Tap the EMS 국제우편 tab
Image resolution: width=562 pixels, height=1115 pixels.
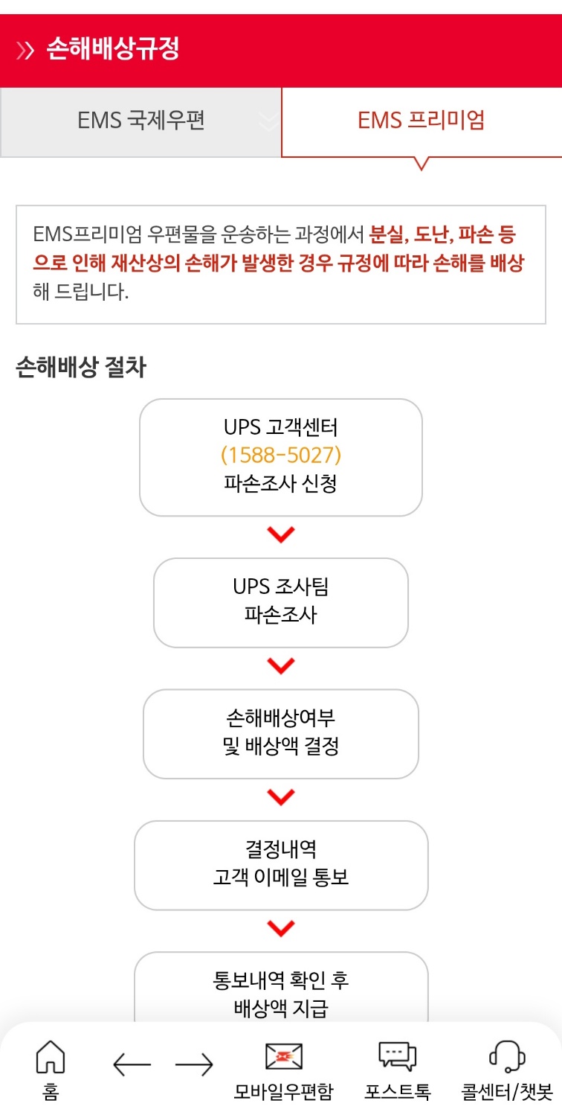[x=140, y=121]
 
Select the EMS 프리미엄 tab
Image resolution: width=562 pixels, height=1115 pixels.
[x=421, y=121]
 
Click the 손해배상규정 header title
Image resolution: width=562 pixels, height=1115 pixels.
[x=113, y=50]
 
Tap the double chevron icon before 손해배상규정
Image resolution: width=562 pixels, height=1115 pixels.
[x=25, y=51]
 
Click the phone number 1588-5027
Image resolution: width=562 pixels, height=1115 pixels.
[x=280, y=455]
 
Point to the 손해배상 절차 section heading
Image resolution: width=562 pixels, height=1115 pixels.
[x=80, y=368]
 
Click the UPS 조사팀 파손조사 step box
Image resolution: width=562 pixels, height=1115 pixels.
[x=280, y=602]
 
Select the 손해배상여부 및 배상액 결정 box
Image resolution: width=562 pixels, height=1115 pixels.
[x=280, y=733]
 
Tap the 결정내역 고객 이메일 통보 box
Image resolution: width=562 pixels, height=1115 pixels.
[x=280, y=865]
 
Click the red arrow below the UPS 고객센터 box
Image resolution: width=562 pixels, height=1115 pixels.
[x=280, y=534]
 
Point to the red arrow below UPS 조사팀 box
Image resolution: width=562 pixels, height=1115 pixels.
[x=280, y=666]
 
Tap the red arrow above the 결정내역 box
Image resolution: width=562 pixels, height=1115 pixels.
[x=280, y=797]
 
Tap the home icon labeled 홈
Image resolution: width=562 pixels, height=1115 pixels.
[x=51, y=1057]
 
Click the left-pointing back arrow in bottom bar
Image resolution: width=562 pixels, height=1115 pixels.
[x=132, y=1065]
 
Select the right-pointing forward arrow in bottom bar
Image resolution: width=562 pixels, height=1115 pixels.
[x=194, y=1065]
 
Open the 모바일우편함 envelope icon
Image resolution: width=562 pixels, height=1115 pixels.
[x=284, y=1057]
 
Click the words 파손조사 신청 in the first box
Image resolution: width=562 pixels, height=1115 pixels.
[x=280, y=484]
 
